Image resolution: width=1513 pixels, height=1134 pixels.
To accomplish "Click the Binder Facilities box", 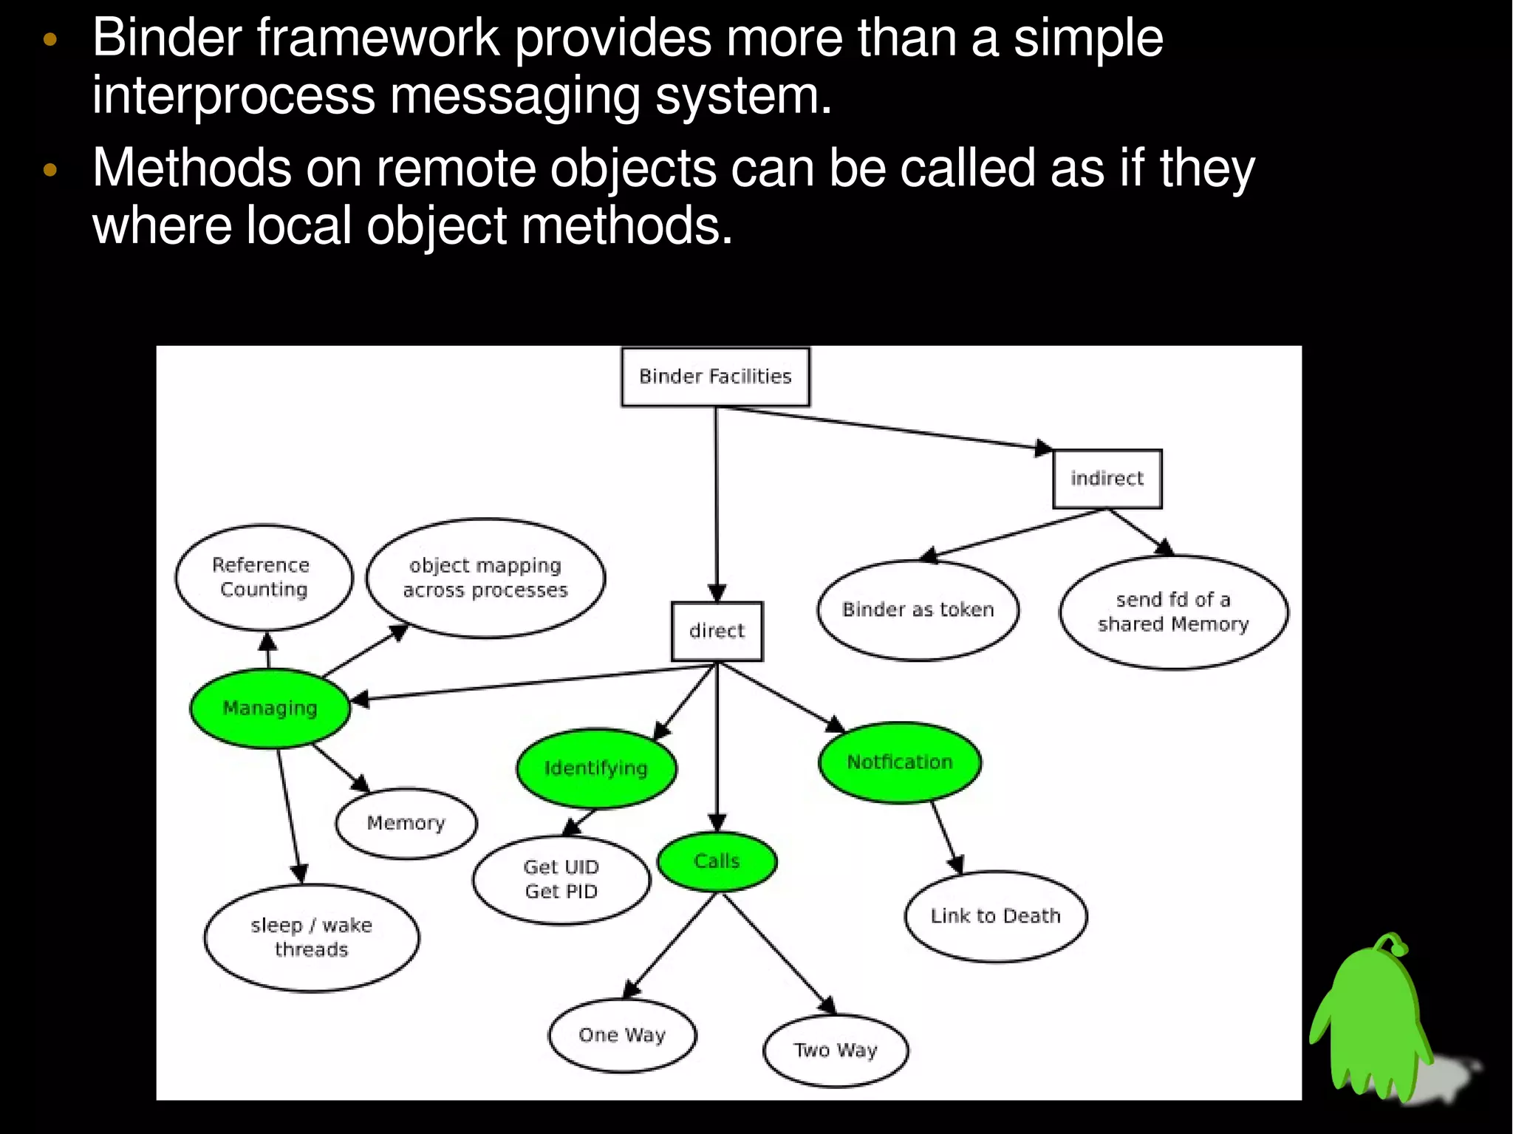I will click(x=715, y=377).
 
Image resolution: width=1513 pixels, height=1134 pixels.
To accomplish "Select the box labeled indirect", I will click(x=1107, y=479).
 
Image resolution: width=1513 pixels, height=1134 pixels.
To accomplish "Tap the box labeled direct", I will click(x=717, y=631).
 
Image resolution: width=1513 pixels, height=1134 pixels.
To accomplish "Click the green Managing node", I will click(x=270, y=708).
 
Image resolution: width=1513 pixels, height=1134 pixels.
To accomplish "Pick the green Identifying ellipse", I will click(x=596, y=768).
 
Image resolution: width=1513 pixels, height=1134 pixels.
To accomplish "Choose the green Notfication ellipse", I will click(x=899, y=762).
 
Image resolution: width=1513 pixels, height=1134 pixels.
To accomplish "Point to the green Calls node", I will click(x=717, y=861).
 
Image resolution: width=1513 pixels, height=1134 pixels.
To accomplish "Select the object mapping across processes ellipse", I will click(x=485, y=578).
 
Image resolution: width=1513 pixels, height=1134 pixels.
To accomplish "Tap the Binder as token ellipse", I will click(x=918, y=609).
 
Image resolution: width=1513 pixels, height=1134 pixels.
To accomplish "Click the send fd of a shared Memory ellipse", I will click(x=1173, y=612).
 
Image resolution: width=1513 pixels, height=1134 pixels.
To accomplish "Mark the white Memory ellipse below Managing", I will click(x=406, y=823).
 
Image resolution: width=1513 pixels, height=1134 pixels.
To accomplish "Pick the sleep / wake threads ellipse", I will click(x=311, y=937).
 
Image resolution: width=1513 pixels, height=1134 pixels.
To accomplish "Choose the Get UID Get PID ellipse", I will click(x=561, y=879).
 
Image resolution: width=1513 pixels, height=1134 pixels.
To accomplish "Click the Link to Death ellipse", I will click(x=995, y=916).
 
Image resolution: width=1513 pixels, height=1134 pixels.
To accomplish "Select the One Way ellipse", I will click(x=622, y=1035).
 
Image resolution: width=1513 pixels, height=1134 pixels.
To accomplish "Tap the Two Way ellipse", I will click(x=835, y=1051).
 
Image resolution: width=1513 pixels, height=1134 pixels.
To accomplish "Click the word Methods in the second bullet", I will click(x=191, y=168).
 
